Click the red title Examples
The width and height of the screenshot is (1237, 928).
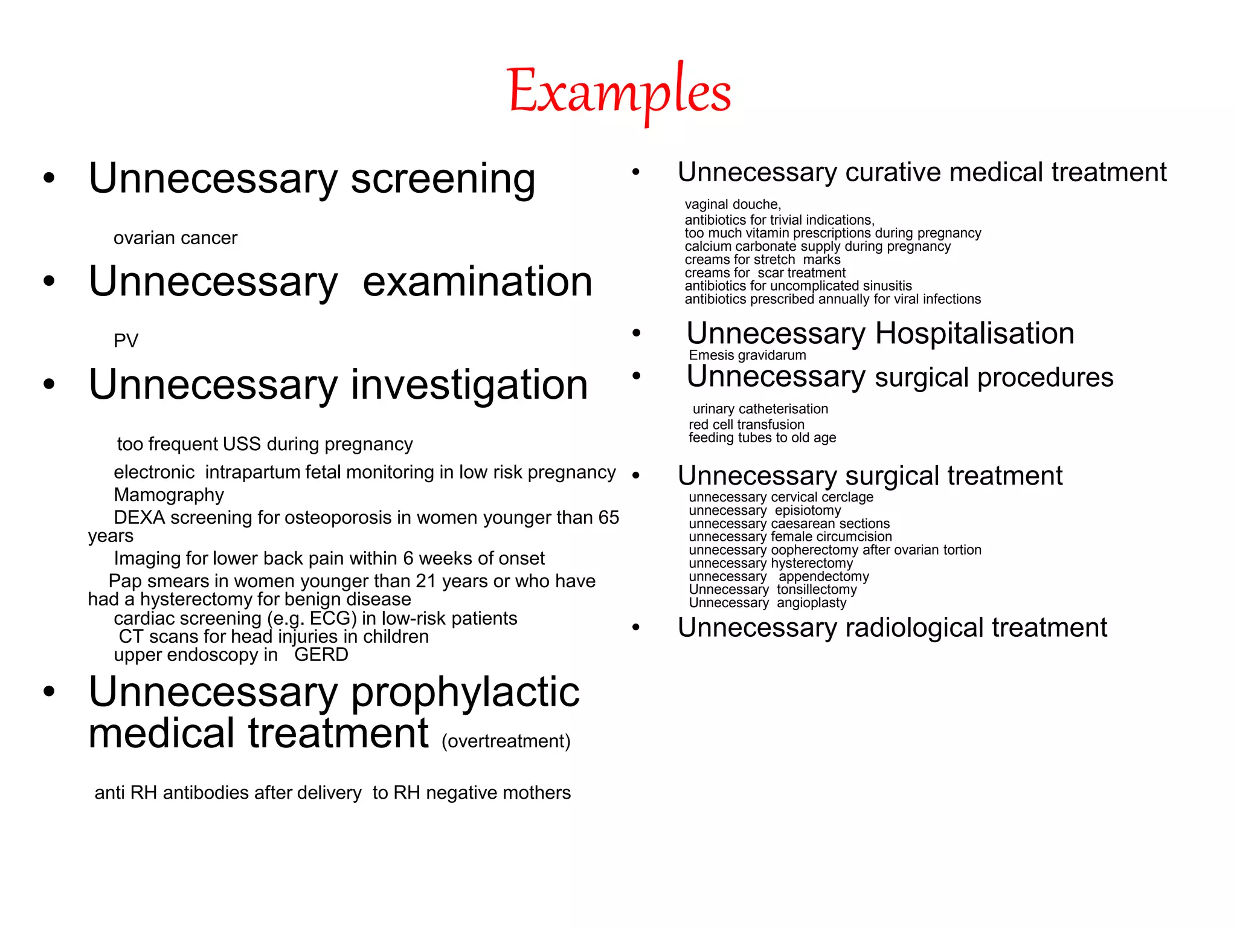click(x=619, y=92)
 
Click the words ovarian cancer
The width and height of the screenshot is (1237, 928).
click(x=175, y=238)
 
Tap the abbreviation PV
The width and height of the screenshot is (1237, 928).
click(x=126, y=341)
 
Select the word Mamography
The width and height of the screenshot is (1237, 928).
click(x=169, y=495)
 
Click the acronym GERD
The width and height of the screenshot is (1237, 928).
click(x=321, y=655)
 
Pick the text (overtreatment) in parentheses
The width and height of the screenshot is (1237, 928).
click(x=506, y=741)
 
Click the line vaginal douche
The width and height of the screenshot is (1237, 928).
click(x=733, y=205)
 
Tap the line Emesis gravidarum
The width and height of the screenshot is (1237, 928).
click(x=747, y=355)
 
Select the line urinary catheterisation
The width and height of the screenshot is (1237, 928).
click(x=760, y=409)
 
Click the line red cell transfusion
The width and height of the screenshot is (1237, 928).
click(x=747, y=425)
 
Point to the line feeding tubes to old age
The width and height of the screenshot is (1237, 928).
click(x=762, y=438)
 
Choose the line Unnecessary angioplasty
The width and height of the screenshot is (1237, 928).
click(x=768, y=603)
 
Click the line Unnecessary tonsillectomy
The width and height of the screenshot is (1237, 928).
click(x=773, y=590)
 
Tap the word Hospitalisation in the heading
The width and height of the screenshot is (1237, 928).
click(x=974, y=333)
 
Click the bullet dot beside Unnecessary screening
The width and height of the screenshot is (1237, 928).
click(x=49, y=179)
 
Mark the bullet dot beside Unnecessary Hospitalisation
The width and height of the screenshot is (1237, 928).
click(x=636, y=333)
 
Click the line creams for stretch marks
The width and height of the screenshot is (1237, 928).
click(x=762, y=260)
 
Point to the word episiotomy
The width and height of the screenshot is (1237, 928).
click(x=808, y=511)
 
